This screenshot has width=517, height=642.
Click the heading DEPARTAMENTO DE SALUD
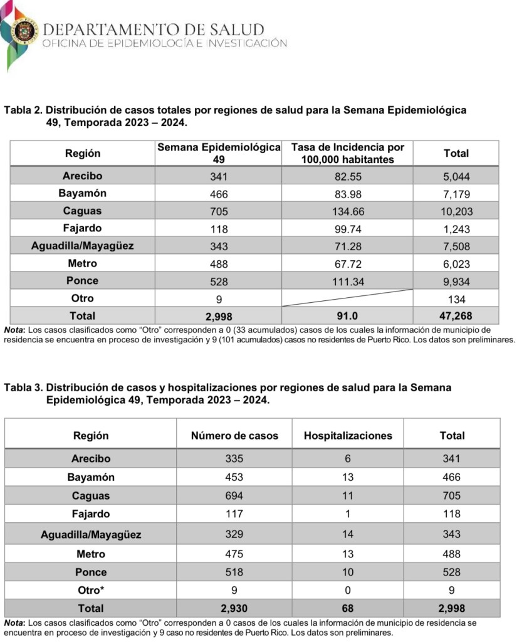154,29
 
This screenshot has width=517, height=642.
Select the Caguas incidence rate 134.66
348,211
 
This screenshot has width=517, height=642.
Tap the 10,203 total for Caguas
456,211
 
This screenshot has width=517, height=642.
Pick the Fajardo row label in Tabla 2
82,228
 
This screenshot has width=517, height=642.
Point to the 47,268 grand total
456,316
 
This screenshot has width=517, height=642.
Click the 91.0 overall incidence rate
348,316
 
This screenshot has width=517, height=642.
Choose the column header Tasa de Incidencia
348,153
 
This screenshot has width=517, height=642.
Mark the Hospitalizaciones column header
348,436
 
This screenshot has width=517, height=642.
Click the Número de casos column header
234,436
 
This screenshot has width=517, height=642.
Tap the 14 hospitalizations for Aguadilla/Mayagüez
348,535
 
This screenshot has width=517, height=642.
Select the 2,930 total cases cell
234,608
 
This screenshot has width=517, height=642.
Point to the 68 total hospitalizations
348,608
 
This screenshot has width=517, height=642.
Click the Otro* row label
91,590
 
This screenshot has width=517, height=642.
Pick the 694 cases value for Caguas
234,496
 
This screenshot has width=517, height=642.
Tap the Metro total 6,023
456,264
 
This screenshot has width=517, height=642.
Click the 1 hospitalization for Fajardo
348,514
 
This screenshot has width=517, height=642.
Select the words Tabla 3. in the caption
23,388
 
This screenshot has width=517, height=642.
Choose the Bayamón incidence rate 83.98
348,194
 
